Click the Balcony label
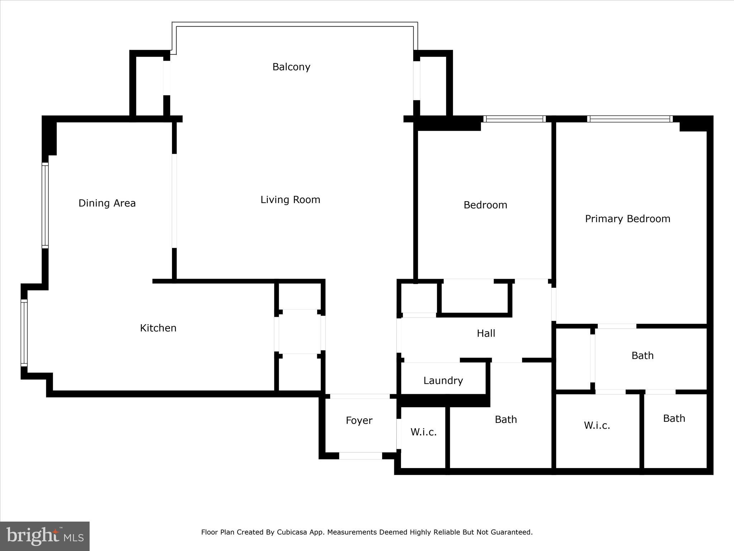tap(291, 67)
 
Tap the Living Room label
tap(290, 200)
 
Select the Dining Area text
tap(107, 203)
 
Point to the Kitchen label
tap(158, 328)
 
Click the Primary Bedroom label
tap(628, 219)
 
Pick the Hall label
tap(486, 334)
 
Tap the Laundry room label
tap(443, 381)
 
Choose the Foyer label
tap(359, 420)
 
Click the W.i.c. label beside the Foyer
tap(423, 432)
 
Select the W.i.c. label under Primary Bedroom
tap(597, 425)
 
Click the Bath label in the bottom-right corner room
tap(674, 419)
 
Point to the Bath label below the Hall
tap(506, 420)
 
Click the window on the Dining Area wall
tap(45, 205)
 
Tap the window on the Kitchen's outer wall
tap(24, 333)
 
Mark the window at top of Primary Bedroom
tap(630, 119)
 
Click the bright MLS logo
tap(45, 536)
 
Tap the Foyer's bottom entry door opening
tap(360, 456)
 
